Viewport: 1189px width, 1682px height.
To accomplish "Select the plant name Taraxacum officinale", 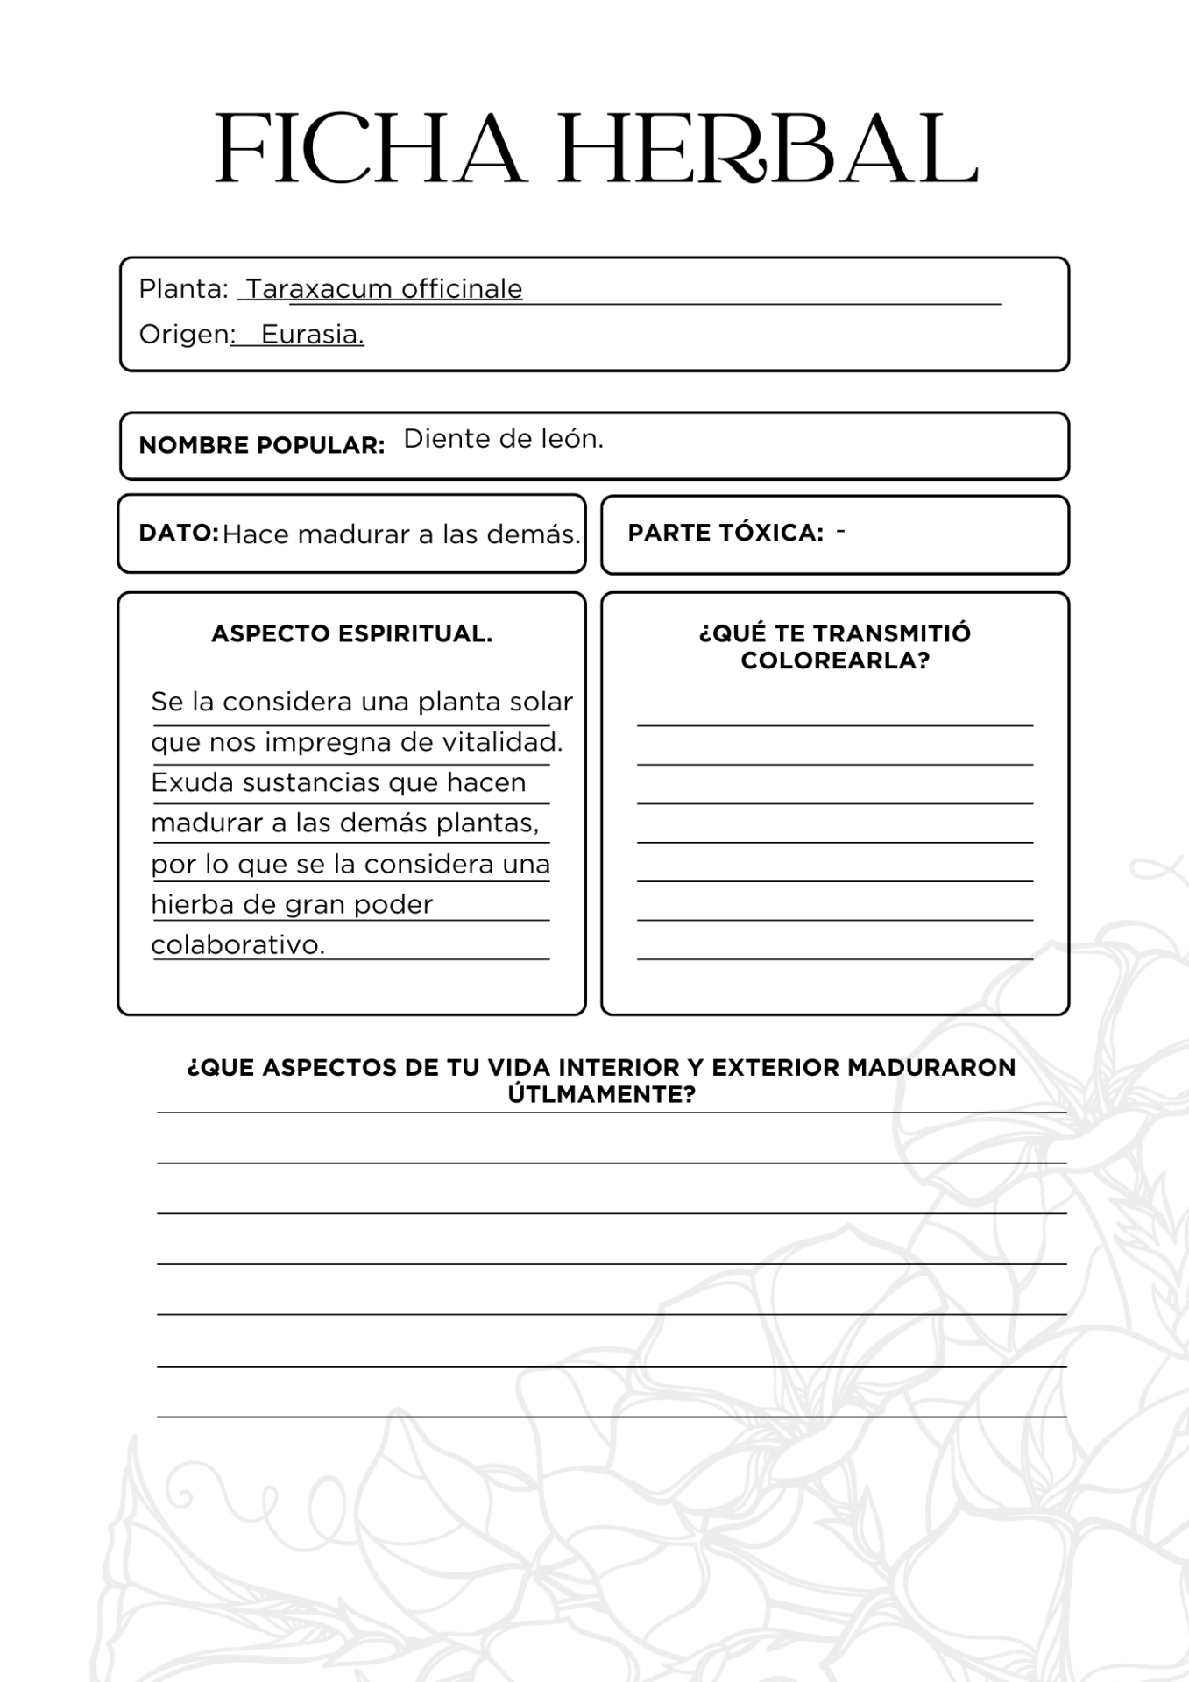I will pyautogui.click(x=384, y=288).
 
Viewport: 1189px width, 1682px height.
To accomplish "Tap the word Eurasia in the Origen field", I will pyautogui.click(x=312, y=335).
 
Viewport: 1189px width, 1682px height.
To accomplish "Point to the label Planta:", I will pyautogui.click(x=183, y=288).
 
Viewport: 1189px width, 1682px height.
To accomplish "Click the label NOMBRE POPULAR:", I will pyautogui.click(x=262, y=445).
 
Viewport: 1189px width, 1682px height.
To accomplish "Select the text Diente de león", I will pyautogui.click(x=504, y=439).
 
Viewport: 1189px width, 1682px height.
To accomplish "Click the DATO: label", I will pyautogui.click(x=179, y=533).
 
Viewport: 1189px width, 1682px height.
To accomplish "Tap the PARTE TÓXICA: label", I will pyautogui.click(x=725, y=533).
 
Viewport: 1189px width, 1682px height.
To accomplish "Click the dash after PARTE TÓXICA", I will pyautogui.click(x=841, y=531).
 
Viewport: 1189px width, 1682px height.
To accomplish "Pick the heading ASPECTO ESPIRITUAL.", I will pyautogui.click(x=352, y=633).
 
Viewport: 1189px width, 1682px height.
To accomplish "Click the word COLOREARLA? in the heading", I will pyautogui.click(x=835, y=661).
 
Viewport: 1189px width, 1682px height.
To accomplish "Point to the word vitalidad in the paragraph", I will pyautogui.click(x=502, y=742).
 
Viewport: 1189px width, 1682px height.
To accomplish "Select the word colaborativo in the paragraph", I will pyautogui.click(x=237, y=945).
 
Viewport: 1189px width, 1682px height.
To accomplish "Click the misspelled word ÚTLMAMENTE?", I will pyautogui.click(x=602, y=1094).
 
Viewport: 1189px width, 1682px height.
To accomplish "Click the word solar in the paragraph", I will pyautogui.click(x=544, y=702).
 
